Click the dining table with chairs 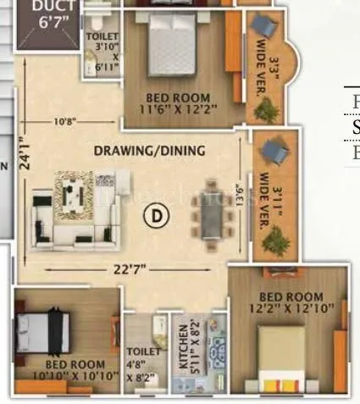[208, 216]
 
